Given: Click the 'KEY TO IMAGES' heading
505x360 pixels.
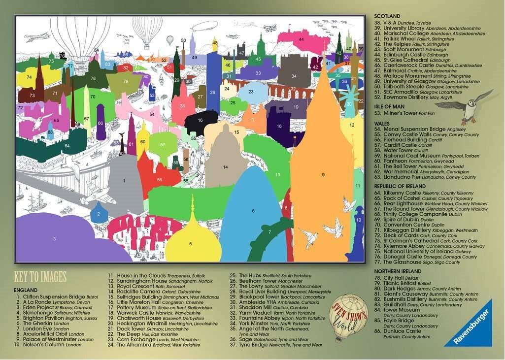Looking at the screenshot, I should (40, 276).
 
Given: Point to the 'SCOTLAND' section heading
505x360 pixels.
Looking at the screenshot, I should (388, 17).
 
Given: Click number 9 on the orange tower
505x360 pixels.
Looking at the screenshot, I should (323, 174).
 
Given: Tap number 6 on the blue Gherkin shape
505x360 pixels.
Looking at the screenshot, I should (253, 211).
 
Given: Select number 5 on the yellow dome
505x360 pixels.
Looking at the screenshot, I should (191, 243).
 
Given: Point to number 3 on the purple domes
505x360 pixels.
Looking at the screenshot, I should (54, 239).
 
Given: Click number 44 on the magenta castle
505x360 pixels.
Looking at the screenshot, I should (301, 39).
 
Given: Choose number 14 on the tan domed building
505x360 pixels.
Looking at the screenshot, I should (225, 167).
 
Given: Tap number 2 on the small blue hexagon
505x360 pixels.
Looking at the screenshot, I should (99, 214).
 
